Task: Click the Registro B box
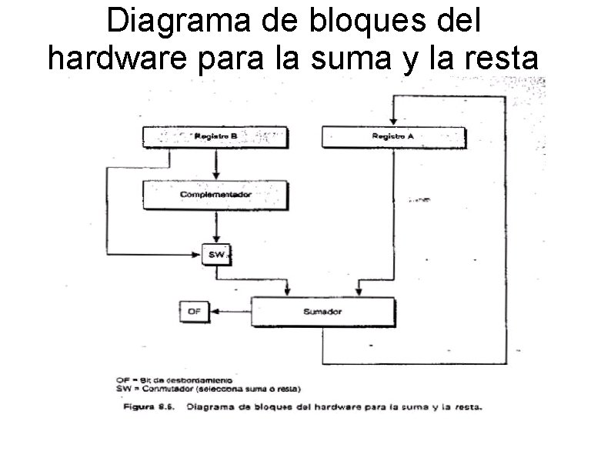pos(215,137)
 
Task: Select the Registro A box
pos(393,137)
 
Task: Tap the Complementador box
pos(215,195)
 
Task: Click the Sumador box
pos(322,312)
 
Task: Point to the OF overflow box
pos(194,311)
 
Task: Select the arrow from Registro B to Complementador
pos(216,164)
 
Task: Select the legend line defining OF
pos(185,380)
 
